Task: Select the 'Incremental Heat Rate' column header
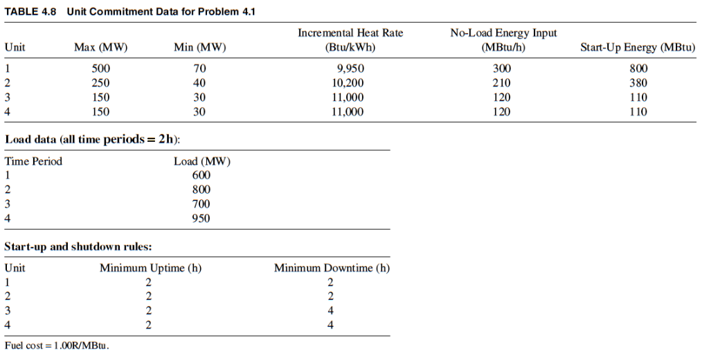pyautogui.click(x=350, y=33)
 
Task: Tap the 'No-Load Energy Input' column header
pyautogui.click(x=503, y=33)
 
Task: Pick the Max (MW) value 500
pyautogui.click(x=100, y=69)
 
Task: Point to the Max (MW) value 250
pyautogui.click(x=100, y=83)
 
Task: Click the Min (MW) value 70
pyautogui.click(x=199, y=69)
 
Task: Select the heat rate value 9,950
pyautogui.click(x=350, y=69)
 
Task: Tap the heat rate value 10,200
pyautogui.click(x=348, y=83)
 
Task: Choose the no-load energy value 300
pyautogui.click(x=501, y=69)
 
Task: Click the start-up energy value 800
pyautogui.click(x=638, y=69)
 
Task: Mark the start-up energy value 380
pyautogui.click(x=638, y=83)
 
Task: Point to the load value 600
pyautogui.click(x=201, y=175)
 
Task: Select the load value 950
pyautogui.click(x=201, y=218)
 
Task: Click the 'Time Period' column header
pyautogui.click(x=33, y=161)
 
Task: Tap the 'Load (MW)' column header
pyautogui.click(x=201, y=161)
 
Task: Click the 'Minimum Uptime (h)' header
pyautogui.click(x=150, y=268)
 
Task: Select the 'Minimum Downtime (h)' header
pyautogui.click(x=332, y=268)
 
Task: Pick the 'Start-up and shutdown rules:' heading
pyautogui.click(x=78, y=246)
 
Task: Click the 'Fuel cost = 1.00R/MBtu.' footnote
pyautogui.click(x=57, y=345)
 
